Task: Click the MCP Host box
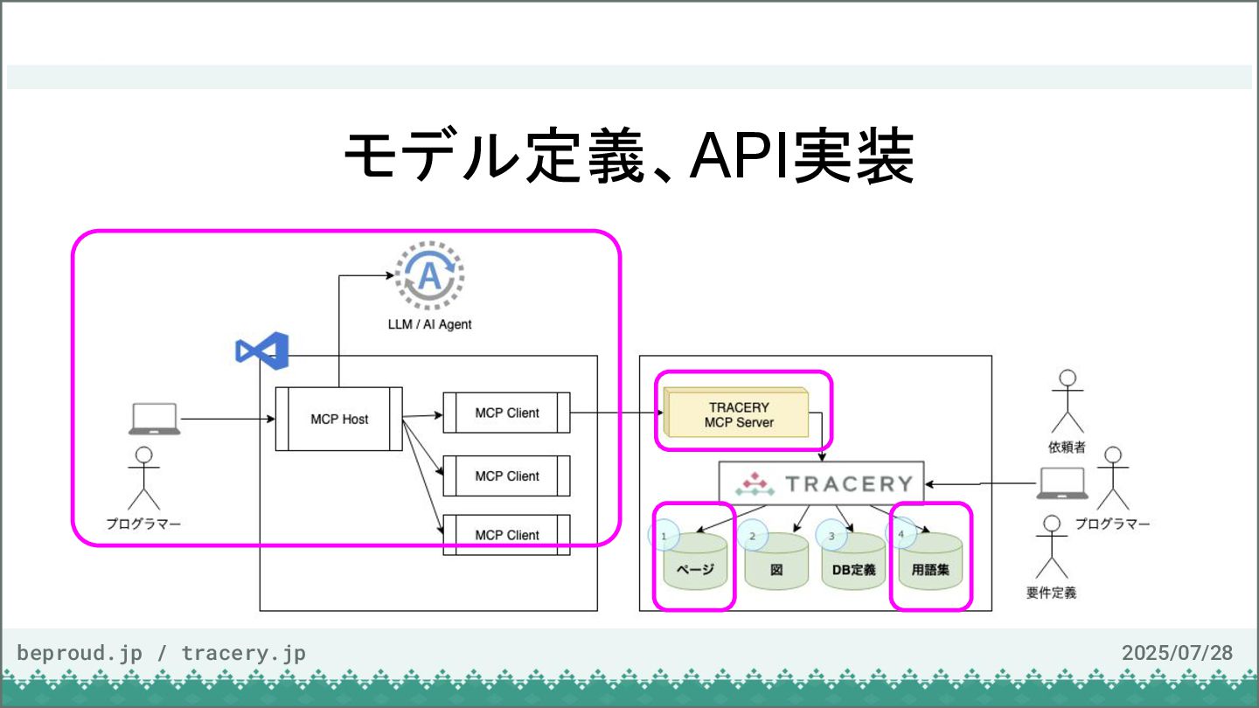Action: (339, 419)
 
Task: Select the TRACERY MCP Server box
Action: (736, 413)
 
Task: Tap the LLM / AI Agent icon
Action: (429, 275)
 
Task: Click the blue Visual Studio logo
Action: (262, 351)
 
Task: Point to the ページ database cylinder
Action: (695, 561)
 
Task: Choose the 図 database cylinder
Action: (776, 561)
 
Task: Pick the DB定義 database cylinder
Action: (853, 561)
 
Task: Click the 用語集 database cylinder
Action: (930, 561)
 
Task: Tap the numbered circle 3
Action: (831, 536)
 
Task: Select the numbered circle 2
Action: (753, 536)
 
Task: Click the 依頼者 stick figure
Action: (1068, 401)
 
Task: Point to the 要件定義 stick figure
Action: (1052, 547)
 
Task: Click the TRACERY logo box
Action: (822, 483)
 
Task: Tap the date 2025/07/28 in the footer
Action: (1178, 653)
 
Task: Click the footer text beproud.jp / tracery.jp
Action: (161, 654)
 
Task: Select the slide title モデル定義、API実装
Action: (629, 156)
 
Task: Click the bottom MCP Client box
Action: (506, 535)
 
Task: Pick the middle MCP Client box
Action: (506, 475)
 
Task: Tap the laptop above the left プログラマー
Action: (155, 419)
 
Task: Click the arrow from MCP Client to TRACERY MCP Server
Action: (616, 413)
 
